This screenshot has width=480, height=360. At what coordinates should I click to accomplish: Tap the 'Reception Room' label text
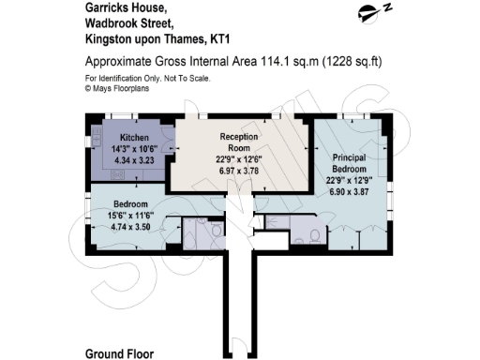point(238,142)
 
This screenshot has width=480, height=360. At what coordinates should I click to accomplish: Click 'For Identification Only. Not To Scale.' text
point(148,77)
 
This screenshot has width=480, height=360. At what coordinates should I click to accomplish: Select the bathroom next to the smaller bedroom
point(202,232)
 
